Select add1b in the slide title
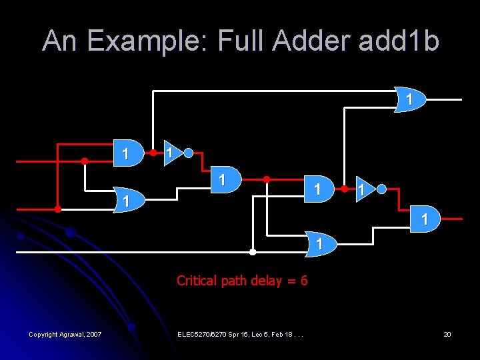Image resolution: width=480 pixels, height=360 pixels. [x=399, y=41]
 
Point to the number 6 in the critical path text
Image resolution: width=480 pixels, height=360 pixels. [x=304, y=281]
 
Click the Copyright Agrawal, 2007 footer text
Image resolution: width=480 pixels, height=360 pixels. [x=65, y=334]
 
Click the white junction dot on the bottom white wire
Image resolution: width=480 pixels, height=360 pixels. [x=253, y=252]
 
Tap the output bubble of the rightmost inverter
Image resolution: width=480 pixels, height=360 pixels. [x=381, y=189]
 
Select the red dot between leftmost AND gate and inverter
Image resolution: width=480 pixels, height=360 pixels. [x=153, y=153]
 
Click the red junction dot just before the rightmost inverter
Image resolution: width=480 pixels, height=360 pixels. [x=344, y=189]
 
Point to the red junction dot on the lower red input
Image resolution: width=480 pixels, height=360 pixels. [x=57, y=209]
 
